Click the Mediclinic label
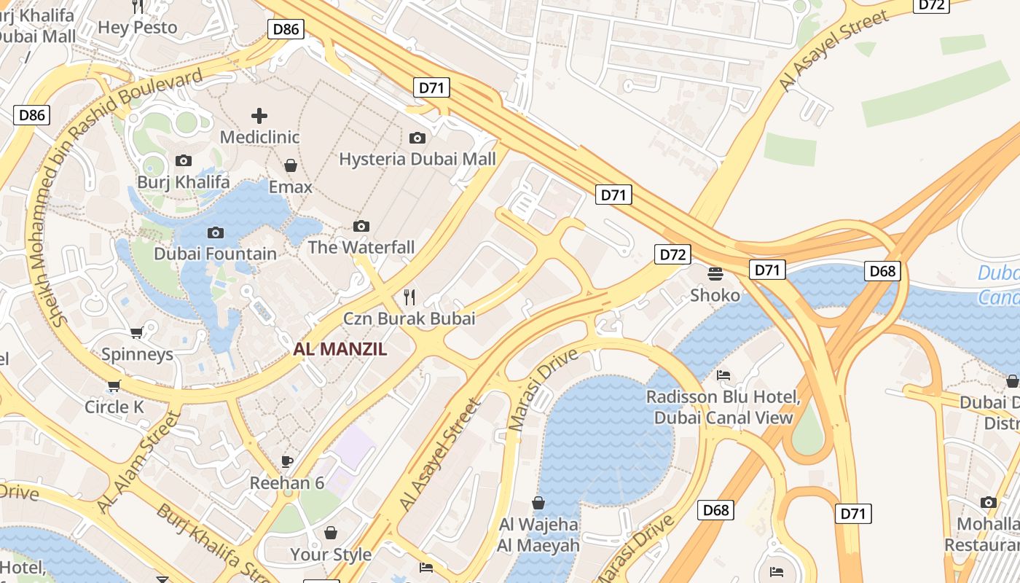pyautogui.click(x=259, y=137)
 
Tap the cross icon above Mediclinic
pyautogui.click(x=259, y=115)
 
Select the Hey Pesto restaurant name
pyautogui.click(x=138, y=28)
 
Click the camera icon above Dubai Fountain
pyautogui.click(x=215, y=232)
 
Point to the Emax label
pyautogui.click(x=290, y=187)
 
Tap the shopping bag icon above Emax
pyautogui.click(x=290, y=165)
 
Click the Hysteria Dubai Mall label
pyautogui.click(x=417, y=159)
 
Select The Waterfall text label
pyautogui.click(x=361, y=247)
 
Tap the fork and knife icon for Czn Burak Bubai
pyautogui.click(x=409, y=297)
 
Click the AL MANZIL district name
pyautogui.click(x=340, y=349)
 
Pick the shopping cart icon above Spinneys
pyautogui.click(x=136, y=333)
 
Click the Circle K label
pyautogui.click(x=114, y=407)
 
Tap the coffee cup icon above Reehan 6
pyautogui.click(x=287, y=461)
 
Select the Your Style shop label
pyautogui.click(x=331, y=555)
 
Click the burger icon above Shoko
pyautogui.click(x=715, y=273)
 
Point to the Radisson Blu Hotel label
pyautogui.click(x=723, y=407)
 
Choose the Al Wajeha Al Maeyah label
pyautogui.click(x=538, y=535)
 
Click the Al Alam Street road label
pyautogui.click(x=138, y=462)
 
